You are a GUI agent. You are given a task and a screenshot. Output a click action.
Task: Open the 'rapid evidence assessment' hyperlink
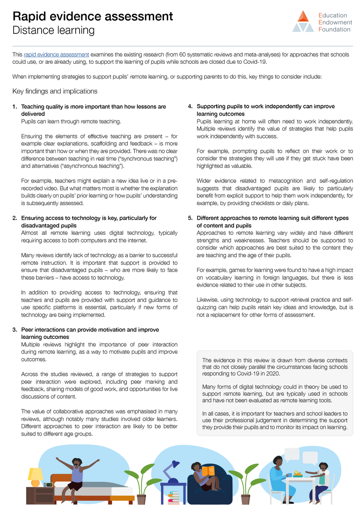coord(57,55)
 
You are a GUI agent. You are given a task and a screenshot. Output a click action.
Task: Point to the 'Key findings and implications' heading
coord(55,91)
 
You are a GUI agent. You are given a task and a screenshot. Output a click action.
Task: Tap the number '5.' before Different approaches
coord(191,218)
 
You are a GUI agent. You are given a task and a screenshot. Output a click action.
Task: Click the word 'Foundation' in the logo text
coord(334,30)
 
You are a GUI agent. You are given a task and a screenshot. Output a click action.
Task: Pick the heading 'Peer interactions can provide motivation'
coord(90,330)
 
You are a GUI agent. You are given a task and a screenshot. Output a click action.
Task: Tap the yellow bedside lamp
coord(36,475)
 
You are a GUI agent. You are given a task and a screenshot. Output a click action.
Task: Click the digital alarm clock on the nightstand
coord(49,485)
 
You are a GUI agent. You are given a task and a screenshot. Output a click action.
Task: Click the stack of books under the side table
coord(173,498)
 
